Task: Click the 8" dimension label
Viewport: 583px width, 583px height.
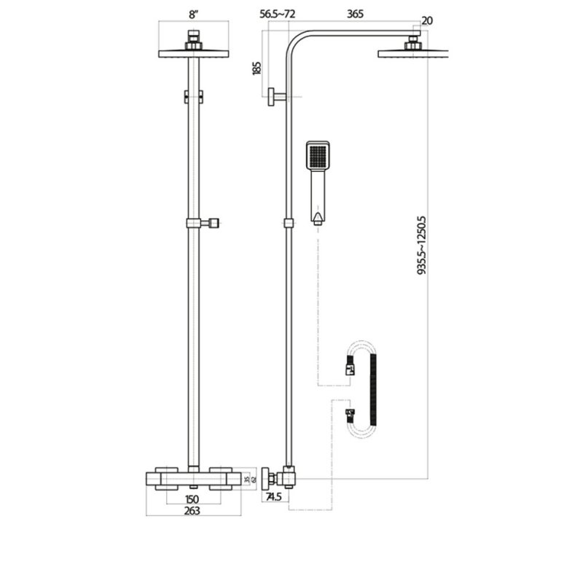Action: pyautogui.click(x=193, y=13)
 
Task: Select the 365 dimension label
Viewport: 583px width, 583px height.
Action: pyautogui.click(x=356, y=13)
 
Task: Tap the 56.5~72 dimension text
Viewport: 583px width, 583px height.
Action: pyautogui.click(x=282, y=13)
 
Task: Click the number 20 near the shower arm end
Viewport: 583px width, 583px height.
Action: pyautogui.click(x=427, y=20)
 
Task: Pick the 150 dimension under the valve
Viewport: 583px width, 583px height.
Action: pyautogui.click(x=192, y=499)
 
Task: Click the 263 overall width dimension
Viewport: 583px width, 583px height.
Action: pyautogui.click(x=193, y=511)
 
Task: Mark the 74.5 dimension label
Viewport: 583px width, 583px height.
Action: pyautogui.click(x=274, y=497)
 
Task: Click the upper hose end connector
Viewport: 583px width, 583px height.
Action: pyautogui.click(x=351, y=369)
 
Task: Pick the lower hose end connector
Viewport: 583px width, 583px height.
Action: pyautogui.click(x=351, y=417)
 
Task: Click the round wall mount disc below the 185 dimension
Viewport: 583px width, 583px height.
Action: pyautogui.click(x=270, y=96)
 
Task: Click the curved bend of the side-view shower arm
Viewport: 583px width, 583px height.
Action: pyautogui.click(x=296, y=40)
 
